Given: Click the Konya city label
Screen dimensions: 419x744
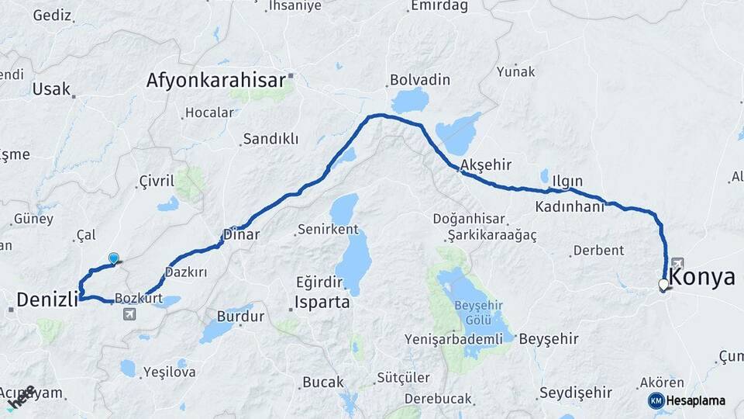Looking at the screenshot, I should click(701, 277).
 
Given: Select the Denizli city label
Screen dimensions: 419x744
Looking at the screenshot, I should click(48, 299).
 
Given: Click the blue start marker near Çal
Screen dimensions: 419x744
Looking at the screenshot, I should click(114, 259).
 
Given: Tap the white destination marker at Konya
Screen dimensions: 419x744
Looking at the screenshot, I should click(663, 286).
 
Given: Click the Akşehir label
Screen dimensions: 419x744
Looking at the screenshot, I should click(487, 164).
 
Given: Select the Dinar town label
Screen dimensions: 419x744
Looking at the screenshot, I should click(241, 234).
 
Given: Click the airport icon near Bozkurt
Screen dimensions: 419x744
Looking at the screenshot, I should click(128, 313).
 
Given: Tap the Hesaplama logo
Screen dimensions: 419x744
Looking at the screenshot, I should click(687, 400).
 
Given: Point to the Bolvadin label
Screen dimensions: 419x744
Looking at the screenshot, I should click(419, 80).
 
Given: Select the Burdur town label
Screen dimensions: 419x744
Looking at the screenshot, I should click(241, 317).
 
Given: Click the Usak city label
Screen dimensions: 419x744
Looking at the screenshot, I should click(51, 89).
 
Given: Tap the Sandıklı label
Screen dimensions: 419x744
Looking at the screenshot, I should click(270, 139).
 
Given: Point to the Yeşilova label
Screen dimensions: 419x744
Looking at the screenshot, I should click(169, 372).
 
